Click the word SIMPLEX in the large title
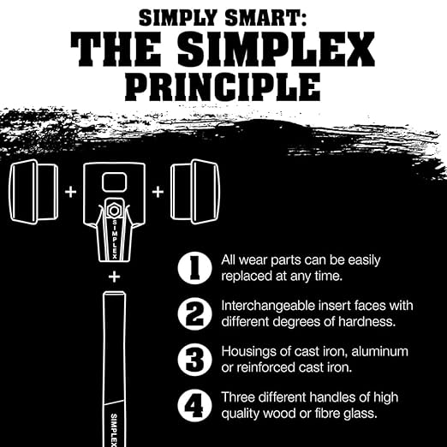pos(276,49)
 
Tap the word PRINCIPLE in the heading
pos(223,86)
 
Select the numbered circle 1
pos(195,268)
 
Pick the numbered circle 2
pos(195,313)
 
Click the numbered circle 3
pos(195,359)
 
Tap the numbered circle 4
pos(195,405)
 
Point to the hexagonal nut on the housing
pos(114,211)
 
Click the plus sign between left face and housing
pos(71,192)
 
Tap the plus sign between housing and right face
pos(158,192)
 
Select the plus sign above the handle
pos(114,277)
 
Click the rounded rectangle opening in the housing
pos(114,182)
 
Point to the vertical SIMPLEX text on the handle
pos(114,430)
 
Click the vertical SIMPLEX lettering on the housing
pos(115,240)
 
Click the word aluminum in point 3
pos(379,351)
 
